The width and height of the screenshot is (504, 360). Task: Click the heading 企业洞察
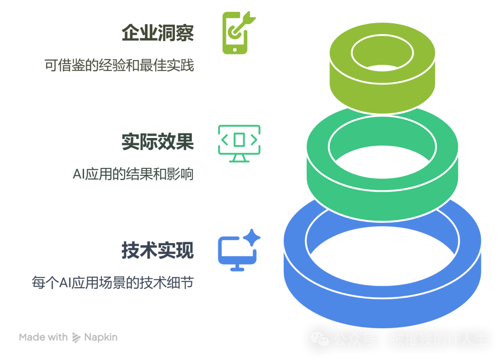pos(157,33)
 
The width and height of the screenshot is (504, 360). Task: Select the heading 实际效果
pos(157,142)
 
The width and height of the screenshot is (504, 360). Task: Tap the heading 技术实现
pos(157,250)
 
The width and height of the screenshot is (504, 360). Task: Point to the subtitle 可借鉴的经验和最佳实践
pos(119,65)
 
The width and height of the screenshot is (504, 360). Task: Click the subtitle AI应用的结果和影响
pos(133,174)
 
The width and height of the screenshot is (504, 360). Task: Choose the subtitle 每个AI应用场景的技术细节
pos(112,282)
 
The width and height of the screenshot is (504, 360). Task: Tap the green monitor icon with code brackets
pos(239,142)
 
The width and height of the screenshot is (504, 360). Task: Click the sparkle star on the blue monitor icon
pos(252,237)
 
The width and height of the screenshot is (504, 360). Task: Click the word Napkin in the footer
pos(101,337)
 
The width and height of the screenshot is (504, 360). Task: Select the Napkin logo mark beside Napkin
pos(77,337)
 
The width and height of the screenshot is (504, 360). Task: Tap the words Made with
pos(43,337)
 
